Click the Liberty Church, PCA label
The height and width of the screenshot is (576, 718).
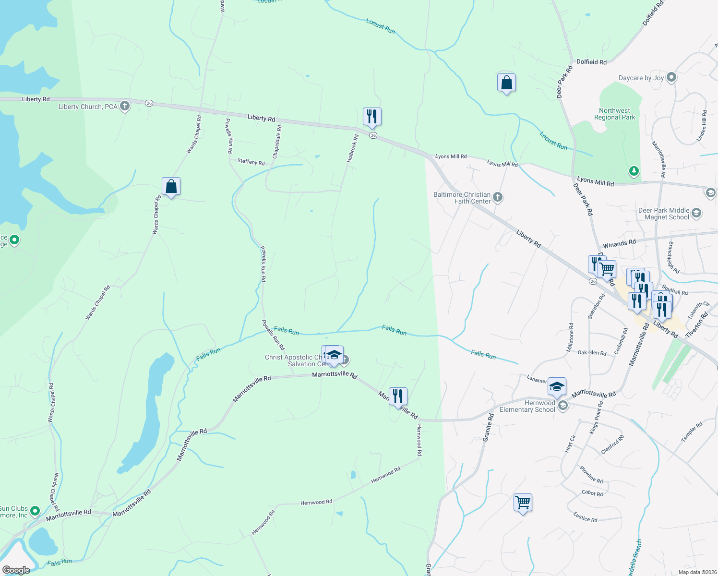tap(88, 107)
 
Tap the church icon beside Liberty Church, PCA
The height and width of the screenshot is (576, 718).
tap(125, 106)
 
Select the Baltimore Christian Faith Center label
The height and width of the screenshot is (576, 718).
tap(462, 198)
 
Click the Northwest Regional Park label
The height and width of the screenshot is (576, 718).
tap(614, 114)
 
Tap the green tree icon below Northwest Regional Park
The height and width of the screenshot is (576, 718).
tap(634, 171)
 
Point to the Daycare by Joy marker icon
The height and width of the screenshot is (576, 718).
tap(671, 77)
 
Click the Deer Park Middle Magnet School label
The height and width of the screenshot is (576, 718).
tap(664, 214)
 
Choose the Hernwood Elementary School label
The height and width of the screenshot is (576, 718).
tap(527, 406)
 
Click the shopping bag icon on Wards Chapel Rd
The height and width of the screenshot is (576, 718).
tap(171, 186)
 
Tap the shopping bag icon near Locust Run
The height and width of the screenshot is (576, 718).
tap(506, 83)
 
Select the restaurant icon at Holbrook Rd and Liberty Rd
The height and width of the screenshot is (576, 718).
tap(372, 117)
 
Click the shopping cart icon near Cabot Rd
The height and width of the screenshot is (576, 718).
tap(523, 503)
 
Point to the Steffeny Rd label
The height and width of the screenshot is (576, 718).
tap(251, 162)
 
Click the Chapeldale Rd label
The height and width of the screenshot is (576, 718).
tap(277, 142)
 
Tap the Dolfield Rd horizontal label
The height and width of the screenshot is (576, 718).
tap(591, 62)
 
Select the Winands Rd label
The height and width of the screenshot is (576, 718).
tap(619, 244)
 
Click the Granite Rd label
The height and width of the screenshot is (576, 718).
tap(488, 428)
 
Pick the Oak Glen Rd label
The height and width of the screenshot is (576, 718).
tap(592, 353)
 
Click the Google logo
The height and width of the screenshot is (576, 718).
tap(16, 570)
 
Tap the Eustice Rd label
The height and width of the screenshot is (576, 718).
tap(585, 517)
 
